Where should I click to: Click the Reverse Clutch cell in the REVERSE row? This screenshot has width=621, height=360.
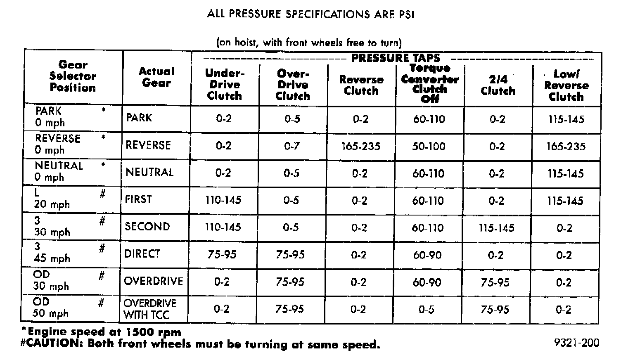(361, 147)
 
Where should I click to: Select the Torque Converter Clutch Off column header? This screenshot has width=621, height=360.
(429, 83)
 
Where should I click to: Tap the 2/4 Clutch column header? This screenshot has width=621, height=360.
(498, 85)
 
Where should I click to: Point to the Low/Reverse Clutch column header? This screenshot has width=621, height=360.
(566, 85)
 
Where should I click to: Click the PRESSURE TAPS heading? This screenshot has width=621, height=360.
(396, 58)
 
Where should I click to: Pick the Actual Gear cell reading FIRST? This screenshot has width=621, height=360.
(138, 199)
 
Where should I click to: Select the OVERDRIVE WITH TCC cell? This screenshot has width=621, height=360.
(149, 309)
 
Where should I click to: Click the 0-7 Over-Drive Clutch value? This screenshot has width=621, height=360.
(292, 146)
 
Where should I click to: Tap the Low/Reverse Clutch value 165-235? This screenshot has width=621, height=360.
(566, 147)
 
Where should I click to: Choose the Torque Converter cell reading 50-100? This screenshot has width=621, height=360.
(429, 146)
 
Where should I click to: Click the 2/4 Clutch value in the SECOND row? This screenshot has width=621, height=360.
(496, 228)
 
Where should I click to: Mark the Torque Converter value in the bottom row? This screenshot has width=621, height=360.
(426, 309)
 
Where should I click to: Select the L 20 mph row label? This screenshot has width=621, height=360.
(52, 199)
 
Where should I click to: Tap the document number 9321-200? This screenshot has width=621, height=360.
(577, 343)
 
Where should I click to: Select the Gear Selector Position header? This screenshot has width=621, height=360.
(73, 76)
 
